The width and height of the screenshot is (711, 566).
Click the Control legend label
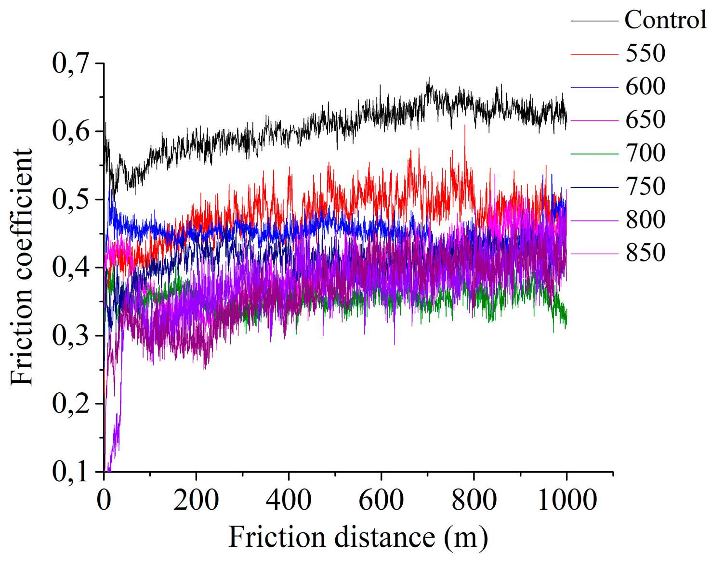coord(665,20)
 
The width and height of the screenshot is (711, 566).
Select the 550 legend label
coord(645,53)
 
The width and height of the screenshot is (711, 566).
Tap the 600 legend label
coord(645,87)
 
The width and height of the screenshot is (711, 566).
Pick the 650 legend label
coord(645,120)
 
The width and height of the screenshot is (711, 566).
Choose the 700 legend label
coord(645,153)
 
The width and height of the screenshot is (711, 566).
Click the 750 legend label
coord(645,186)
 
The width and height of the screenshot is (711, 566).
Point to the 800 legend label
coord(645,219)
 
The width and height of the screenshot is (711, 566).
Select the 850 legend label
coord(645,253)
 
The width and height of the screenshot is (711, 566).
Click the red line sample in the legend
coord(594,54)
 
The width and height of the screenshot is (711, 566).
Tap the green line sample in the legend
coord(594,154)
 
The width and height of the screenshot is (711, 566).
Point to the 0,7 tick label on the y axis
coord(71,64)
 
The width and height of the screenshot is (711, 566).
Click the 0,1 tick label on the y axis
coord(71,472)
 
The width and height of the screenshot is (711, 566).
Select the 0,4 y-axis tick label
coord(71,268)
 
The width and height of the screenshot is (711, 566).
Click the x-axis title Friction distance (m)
coord(358,537)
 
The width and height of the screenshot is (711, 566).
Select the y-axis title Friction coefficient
coord(22,267)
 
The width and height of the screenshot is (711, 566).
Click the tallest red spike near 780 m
coord(465,127)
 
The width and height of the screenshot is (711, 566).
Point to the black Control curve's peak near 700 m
coord(428,78)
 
